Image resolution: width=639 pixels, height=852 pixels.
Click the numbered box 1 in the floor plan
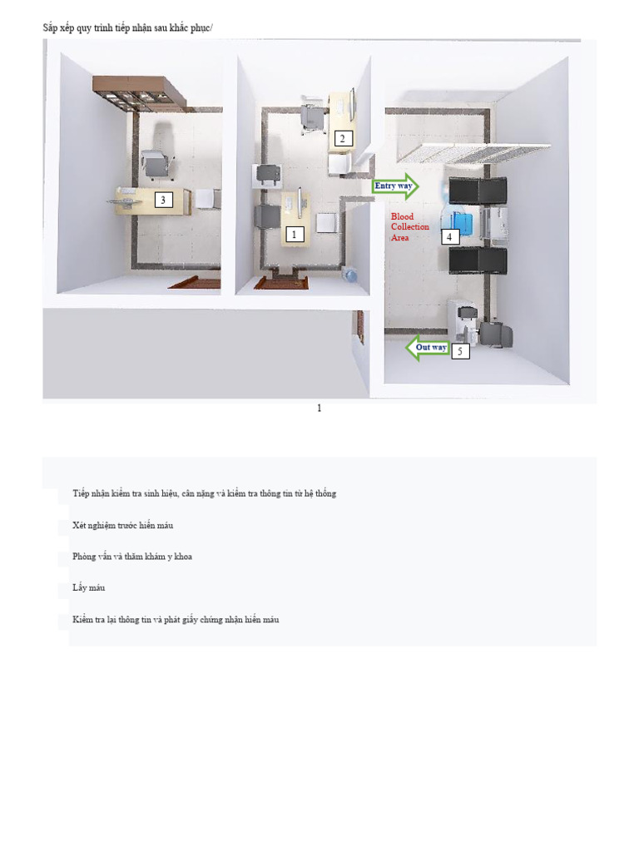click(293, 235)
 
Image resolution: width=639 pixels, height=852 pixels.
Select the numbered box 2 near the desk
click(342, 139)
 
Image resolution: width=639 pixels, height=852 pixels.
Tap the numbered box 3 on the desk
click(163, 200)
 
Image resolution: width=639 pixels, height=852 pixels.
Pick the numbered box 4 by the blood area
click(449, 237)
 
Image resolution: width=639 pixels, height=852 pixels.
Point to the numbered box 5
click(460, 352)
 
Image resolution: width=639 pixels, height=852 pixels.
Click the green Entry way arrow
click(395, 186)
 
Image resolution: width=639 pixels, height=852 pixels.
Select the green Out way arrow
click(428, 348)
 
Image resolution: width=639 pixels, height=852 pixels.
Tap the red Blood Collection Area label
click(410, 227)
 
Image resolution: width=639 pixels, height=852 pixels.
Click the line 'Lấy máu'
click(88, 588)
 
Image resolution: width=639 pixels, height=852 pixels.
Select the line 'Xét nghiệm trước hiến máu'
click(122, 526)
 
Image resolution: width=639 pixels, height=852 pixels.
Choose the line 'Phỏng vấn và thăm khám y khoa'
click(131, 557)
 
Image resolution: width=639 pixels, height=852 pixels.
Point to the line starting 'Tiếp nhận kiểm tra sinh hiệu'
click(204, 494)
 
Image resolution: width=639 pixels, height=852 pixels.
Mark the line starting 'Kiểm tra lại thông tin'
click(175, 620)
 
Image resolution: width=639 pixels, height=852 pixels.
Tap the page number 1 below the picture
click(319, 408)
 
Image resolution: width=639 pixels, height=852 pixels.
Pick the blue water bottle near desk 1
click(350, 275)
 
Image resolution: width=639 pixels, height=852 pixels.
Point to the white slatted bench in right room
click(474, 152)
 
